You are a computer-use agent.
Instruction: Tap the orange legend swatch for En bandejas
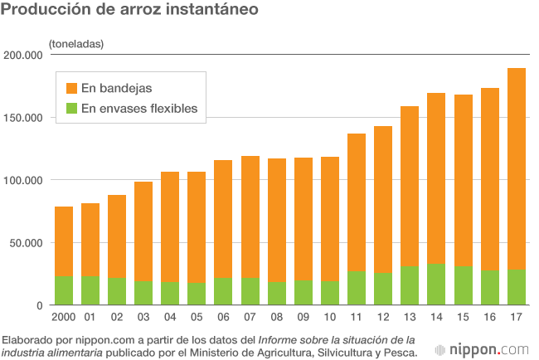(x=70, y=87)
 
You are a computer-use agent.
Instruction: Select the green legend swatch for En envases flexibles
(x=70, y=108)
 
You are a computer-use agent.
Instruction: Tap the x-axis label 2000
(x=64, y=317)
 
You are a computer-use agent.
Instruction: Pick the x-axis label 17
(x=516, y=317)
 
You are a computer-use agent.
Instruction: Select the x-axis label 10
(x=330, y=317)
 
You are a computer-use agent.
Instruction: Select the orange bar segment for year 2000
(x=64, y=241)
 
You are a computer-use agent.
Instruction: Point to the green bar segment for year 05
(x=197, y=294)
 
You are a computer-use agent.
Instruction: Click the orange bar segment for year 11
(x=357, y=202)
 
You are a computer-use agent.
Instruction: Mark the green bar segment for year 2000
(x=64, y=290)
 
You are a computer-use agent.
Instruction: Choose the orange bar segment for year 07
(x=250, y=216)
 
